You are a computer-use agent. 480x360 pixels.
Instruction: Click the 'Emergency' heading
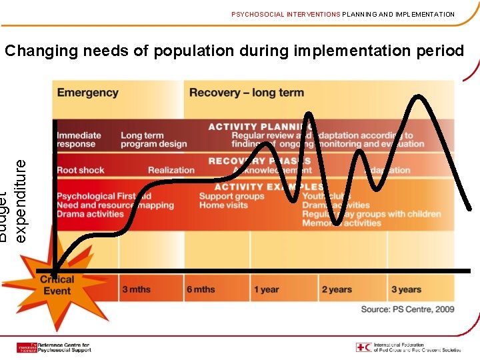click(87, 93)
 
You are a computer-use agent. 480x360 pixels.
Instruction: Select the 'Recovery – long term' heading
click(246, 93)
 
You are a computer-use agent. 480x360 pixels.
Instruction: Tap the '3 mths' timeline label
click(136, 289)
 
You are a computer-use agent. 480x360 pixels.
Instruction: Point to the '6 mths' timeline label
click(201, 289)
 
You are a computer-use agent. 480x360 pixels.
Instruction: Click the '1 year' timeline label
click(266, 289)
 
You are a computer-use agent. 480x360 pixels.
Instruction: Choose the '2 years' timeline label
click(337, 289)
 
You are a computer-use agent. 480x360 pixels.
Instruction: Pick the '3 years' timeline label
click(406, 289)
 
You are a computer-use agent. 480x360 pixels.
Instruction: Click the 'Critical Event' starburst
click(57, 285)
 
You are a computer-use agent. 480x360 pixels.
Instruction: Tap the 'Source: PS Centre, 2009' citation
click(407, 309)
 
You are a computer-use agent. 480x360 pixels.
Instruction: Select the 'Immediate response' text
click(79, 139)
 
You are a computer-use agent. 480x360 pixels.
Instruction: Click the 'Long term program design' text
click(153, 139)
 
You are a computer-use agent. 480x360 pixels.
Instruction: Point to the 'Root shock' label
click(81, 170)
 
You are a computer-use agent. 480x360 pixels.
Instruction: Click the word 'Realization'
click(171, 170)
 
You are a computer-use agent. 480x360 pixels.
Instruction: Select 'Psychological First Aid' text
click(103, 196)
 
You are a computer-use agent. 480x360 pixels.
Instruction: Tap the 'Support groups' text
click(231, 196)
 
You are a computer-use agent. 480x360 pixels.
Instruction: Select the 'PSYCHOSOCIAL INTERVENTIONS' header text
click(286, 14)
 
